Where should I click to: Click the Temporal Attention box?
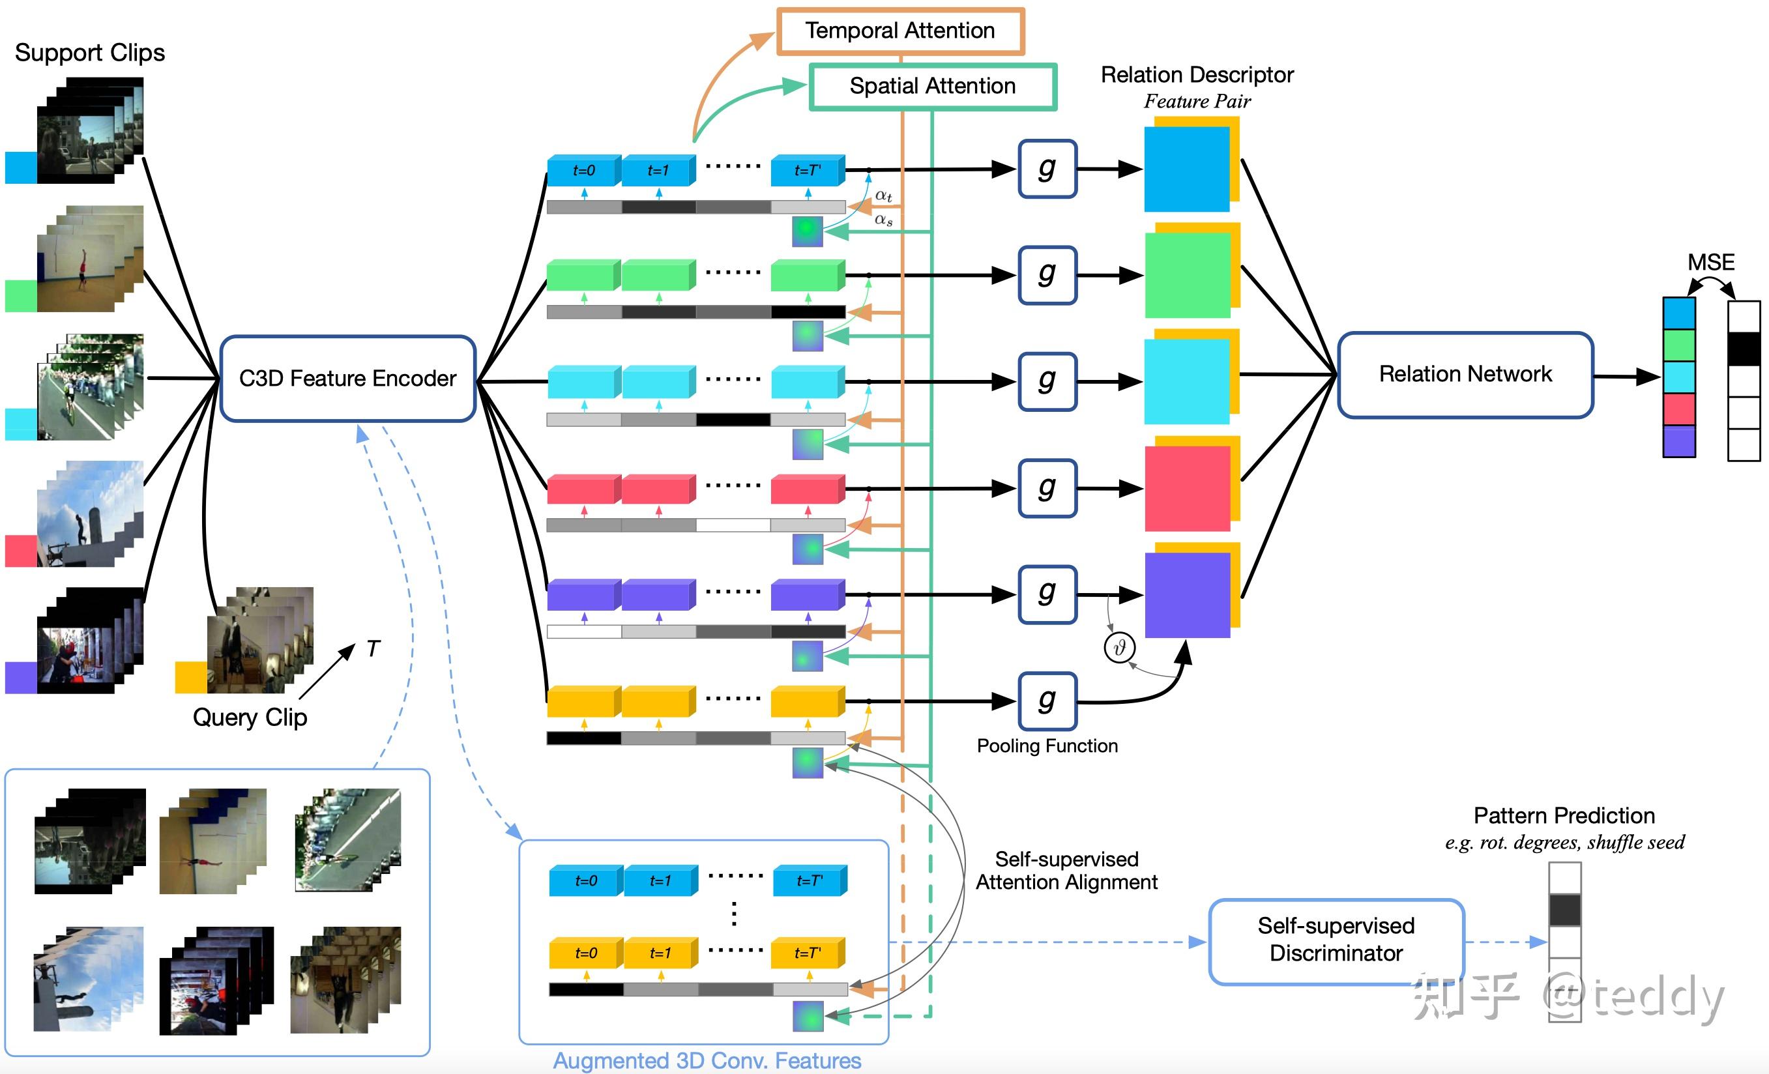click(900, 31)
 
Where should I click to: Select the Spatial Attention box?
click(933, 86)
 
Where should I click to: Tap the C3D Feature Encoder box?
click(347, 379)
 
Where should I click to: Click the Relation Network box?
click(1465, 374)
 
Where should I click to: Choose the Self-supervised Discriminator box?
click(1336, 939)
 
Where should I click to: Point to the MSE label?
click(1711, 262)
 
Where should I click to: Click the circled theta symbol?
click(1119, 648)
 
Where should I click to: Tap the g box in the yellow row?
click(1047, 701)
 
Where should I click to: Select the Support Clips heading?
click(90, 52)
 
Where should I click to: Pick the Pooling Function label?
click(1047, 746)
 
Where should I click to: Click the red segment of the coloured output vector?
click(1679, 409)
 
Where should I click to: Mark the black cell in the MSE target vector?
click(1744, 349)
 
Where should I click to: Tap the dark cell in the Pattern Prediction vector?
click(1564, 910)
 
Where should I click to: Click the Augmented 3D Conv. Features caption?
click(707, 1060)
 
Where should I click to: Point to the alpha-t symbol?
click(883, 196)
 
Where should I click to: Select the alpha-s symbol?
click(883, 220)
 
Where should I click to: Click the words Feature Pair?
click(1197, 101)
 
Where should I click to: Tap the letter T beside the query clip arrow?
click(373, 649)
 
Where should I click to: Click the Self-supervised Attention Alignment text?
click(1066, 870)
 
